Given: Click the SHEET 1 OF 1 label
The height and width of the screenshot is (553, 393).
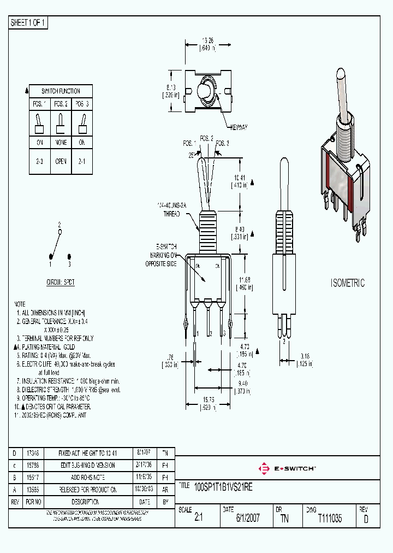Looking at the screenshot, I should pos(29,23).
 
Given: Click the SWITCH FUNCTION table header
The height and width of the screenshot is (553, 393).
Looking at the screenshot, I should pos(61,91).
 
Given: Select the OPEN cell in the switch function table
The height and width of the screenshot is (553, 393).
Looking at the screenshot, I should pos(61,161).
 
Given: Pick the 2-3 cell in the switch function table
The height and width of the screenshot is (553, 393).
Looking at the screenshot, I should pos(39,161).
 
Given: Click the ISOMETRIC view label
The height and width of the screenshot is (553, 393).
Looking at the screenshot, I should pos(348,283).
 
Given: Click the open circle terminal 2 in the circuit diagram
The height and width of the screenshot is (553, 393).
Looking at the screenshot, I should pos(60,232).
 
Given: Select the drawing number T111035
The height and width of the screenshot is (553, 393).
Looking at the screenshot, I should pos(330,519).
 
